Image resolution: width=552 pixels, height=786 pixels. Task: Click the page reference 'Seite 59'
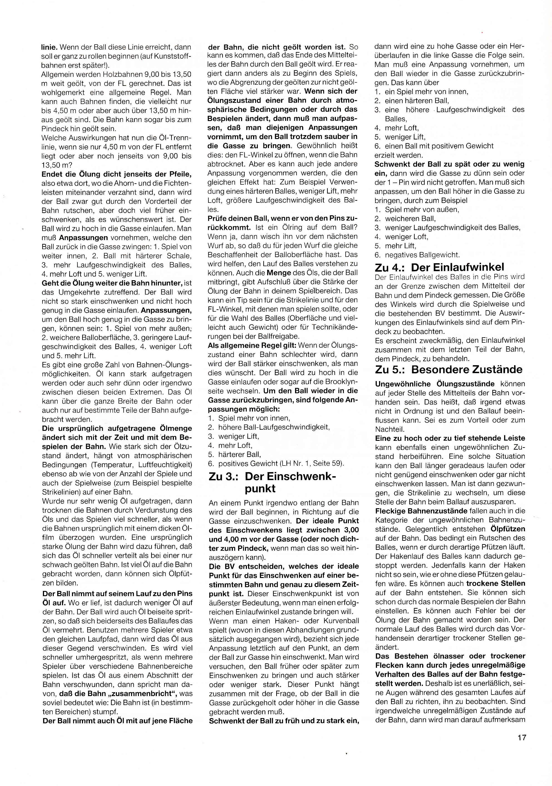328,464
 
